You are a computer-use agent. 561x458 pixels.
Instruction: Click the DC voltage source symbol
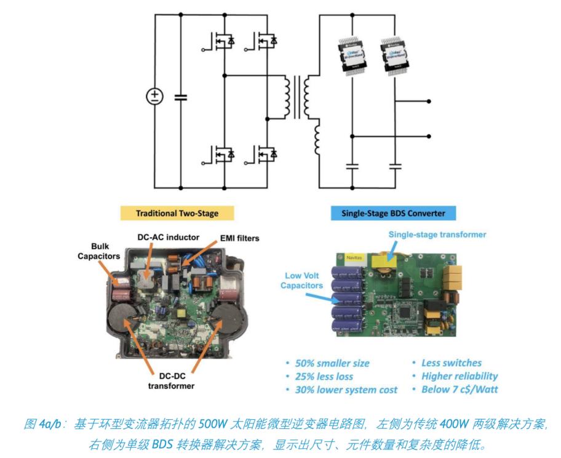tap(154, 97)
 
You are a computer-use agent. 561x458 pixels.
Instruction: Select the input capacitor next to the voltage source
tap(180, 97)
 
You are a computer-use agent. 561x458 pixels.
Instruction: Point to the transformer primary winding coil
tap(287, 97)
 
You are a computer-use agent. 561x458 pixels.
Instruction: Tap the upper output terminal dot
tap(429, 100)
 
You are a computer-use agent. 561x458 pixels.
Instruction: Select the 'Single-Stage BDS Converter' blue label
tap(394, 213)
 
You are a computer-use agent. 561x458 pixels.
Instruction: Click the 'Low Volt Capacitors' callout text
tap(301, 280)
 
